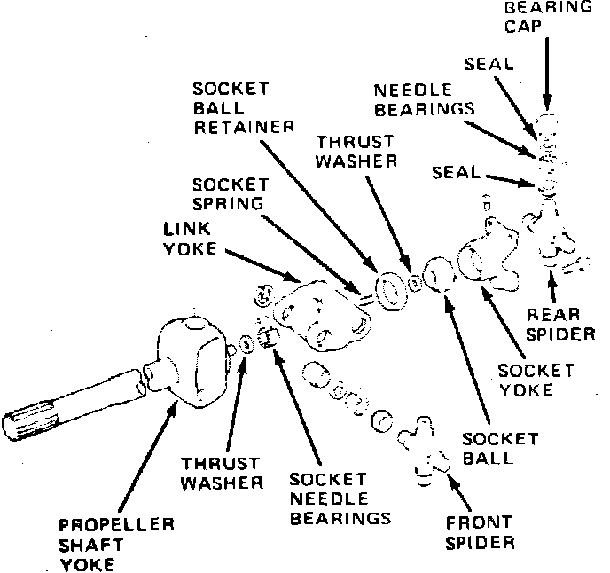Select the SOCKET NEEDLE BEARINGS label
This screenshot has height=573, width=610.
coord(340,498)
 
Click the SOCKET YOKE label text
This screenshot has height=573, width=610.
coord(535,380)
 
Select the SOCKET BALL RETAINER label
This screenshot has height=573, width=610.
coord(245,108)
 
